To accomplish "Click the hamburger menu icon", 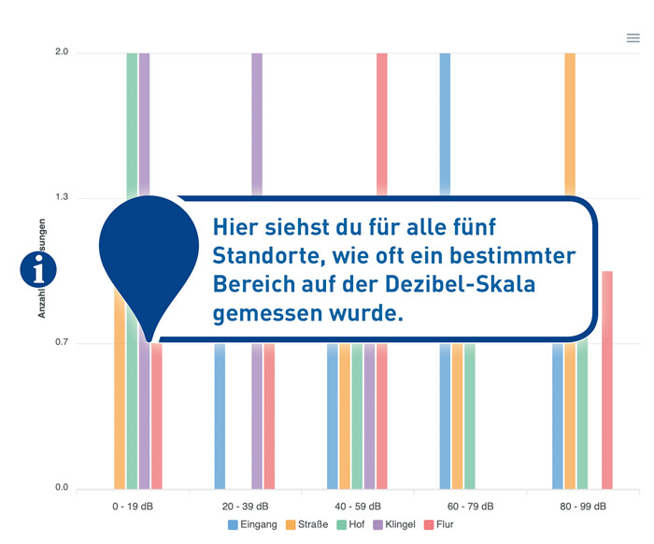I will point(633,38).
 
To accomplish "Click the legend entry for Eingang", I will point(252,524).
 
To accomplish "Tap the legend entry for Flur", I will point(439,524).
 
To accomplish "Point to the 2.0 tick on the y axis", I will point(62,52).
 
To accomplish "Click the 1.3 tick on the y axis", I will point(62,198).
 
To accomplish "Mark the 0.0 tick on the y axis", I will point(62,488).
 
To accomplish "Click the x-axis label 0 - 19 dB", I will point(133,506).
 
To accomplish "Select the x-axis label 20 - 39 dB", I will point(245,506).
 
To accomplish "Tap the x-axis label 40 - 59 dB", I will point(357,506).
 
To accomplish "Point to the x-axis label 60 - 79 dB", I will point(469,506).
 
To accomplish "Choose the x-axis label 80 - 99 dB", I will point(581,506).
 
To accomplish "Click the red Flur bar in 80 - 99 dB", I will point(606,379).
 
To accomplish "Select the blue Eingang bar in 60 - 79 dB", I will point(445,122).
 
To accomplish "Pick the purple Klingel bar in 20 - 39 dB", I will point(257,122).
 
